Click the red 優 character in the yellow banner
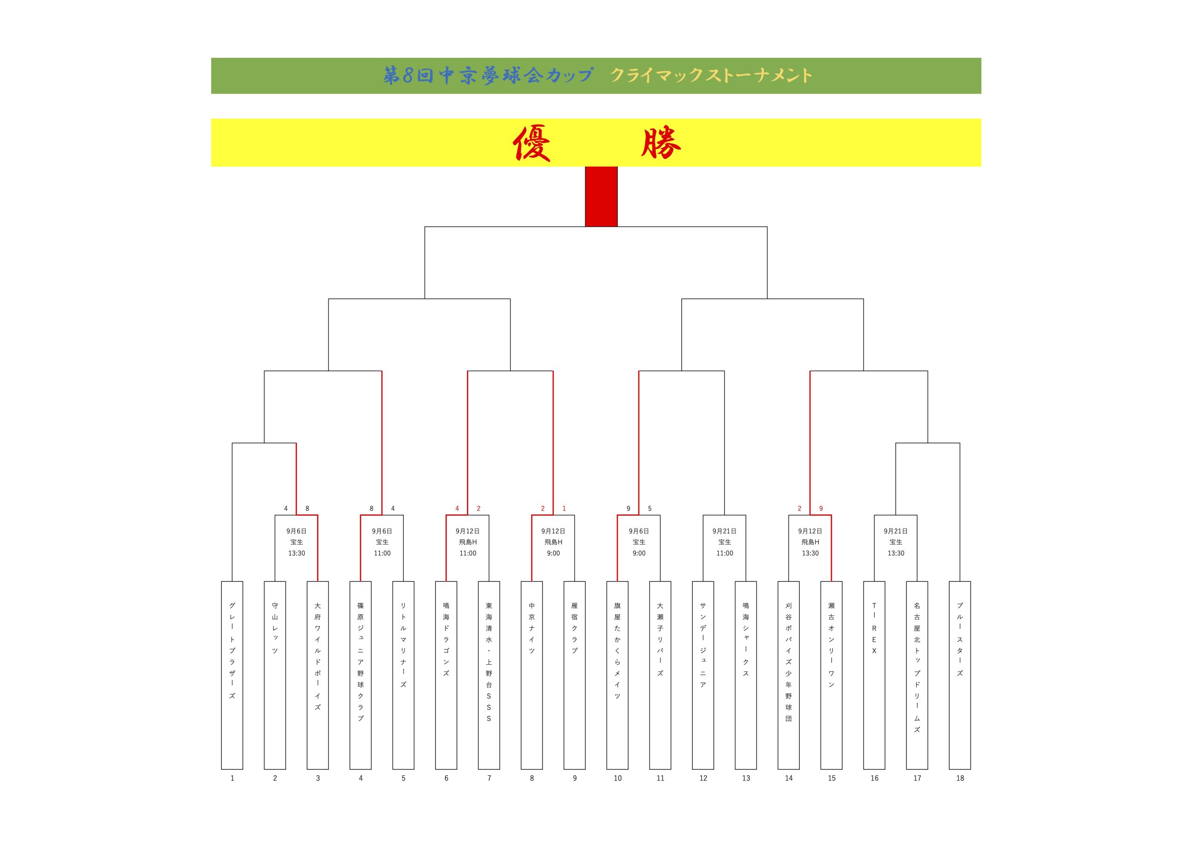coord(532,143)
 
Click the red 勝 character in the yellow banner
coord(661,143)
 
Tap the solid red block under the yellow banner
coord(601,197)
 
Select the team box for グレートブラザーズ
coord(232,675)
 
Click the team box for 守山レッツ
coord(275,675)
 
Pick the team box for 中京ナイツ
coord(532,675)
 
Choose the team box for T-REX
coord(874,675)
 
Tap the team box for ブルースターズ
coord(960,675)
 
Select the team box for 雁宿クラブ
coord(575,675)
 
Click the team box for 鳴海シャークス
coord(746,675)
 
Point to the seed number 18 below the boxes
coord(960,778)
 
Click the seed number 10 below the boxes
coord(617,778)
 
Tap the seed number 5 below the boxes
coord(403,778)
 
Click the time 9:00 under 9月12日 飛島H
coord(553,553)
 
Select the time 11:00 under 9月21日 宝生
coord(724,553)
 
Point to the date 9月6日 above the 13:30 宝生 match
coord(297,531)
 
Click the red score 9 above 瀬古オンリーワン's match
coord(821,509)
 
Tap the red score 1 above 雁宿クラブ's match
coord(564,509)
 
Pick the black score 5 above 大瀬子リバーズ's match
coord(650,509)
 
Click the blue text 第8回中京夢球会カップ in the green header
coord(488,76)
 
